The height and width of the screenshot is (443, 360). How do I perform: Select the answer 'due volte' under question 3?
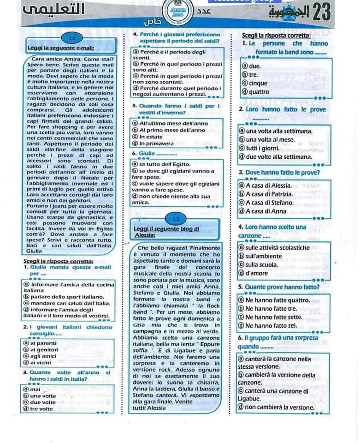[37, 402]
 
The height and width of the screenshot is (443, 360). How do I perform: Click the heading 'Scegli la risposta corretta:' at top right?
[276, 36]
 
